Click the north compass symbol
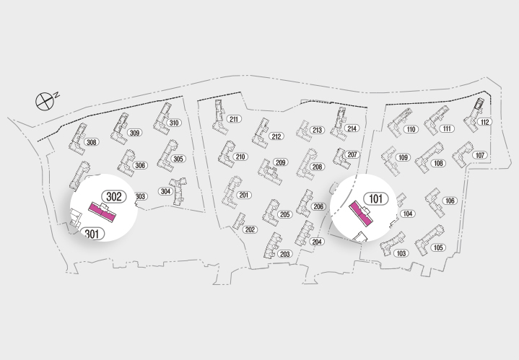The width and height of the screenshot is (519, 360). click(x=45, y=100)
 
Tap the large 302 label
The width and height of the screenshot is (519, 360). click(x=113, y=197)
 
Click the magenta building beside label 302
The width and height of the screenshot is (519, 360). click(x=103, y=214)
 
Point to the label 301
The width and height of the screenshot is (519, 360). click(x=92, y=233)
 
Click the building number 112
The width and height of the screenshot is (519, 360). click(x=484, y=122)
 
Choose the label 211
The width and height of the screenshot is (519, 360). click(x=234, y=119)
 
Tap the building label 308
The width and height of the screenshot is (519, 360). click(x=92, y=142)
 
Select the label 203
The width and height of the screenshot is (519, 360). click(x=284, y=254)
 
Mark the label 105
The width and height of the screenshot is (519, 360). click(x=438, y=247)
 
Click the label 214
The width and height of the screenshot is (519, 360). click(x=352, y=128)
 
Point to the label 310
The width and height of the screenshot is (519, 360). click(x=174, y=123)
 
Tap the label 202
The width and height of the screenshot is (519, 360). click(x=250, y=230)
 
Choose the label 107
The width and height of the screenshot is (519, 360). click(x=480, y=155)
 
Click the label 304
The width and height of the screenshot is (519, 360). click(x=165, y=191)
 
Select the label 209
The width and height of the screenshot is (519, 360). click(x=281, y=162)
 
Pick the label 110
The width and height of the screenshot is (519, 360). click(x=411, y=130)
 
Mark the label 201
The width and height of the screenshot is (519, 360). click(x=244, y=196)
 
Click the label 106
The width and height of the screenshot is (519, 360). click(x=450, y=201)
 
